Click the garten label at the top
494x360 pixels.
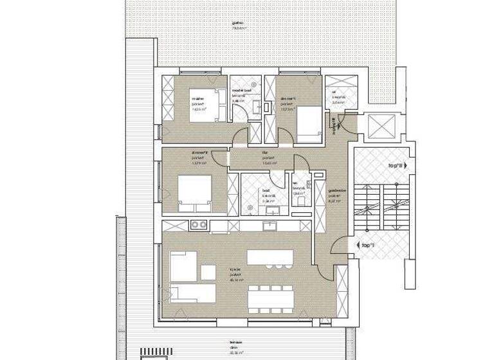239,26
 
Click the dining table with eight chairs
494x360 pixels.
270,296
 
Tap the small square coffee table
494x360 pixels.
208,272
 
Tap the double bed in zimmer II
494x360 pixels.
195,192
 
